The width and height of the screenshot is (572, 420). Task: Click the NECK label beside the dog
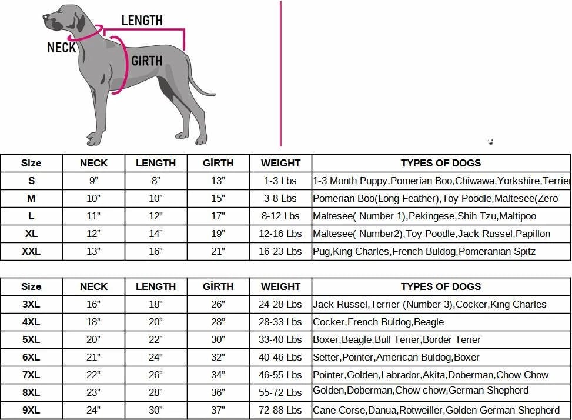tap(62, 48)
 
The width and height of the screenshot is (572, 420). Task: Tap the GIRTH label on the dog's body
tap(146, 61)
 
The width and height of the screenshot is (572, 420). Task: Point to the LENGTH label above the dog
tap(142, 21)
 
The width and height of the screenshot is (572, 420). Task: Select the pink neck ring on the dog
tap(88, 34)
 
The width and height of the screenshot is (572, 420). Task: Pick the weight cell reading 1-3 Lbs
tap(280, 181)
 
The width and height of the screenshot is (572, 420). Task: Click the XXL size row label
tap(31, 252)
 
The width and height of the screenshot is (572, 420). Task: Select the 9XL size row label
tap(31, 411)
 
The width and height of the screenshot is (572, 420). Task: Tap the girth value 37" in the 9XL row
tap(218, 411)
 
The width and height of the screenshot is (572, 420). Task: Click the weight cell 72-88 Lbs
tap(280, 411)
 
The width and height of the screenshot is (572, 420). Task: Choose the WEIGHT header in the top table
tap(280, 164)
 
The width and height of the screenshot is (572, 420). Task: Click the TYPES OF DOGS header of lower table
tap(441, 287)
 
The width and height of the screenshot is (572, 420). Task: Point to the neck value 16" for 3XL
tap(93, 305)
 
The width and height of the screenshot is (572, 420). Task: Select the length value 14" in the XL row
tap(156, 234)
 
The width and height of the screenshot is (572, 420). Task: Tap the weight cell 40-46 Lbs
tap(280, 358)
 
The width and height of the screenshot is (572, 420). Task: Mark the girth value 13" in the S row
tap(218, 181)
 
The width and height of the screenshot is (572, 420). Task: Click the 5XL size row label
tap(31, 340)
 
